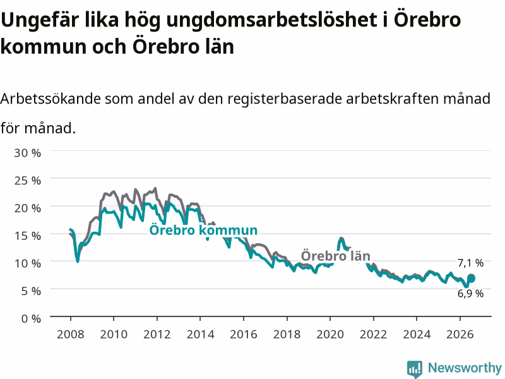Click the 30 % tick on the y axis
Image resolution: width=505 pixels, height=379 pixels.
(27, 153)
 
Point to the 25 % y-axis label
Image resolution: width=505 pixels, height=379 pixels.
(27, 181)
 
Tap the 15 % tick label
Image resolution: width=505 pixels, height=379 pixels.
(27, 236)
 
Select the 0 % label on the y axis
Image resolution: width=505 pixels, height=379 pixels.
(31, 319)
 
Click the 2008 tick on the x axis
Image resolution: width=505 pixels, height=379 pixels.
(71, 334)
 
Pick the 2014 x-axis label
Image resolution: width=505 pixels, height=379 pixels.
(200, 334)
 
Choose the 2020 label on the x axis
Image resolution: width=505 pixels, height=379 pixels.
(330, 334)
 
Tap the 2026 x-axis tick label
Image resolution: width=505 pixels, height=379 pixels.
(460, 334)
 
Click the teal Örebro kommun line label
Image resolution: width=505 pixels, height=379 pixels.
(203, 231)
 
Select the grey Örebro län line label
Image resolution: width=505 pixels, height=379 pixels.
(336, 256)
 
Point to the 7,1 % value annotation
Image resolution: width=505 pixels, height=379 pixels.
(470, 263)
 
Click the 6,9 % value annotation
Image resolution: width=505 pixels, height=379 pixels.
(470, 293)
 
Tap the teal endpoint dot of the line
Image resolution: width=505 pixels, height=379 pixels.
(471, 279)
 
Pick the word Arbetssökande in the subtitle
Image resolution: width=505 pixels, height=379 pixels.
(50, 99)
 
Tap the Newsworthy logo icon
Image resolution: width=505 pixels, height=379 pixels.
(415, 368)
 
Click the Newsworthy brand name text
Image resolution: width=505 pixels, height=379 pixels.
(465, 368)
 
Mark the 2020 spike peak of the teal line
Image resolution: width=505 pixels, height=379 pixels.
(341, 239)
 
